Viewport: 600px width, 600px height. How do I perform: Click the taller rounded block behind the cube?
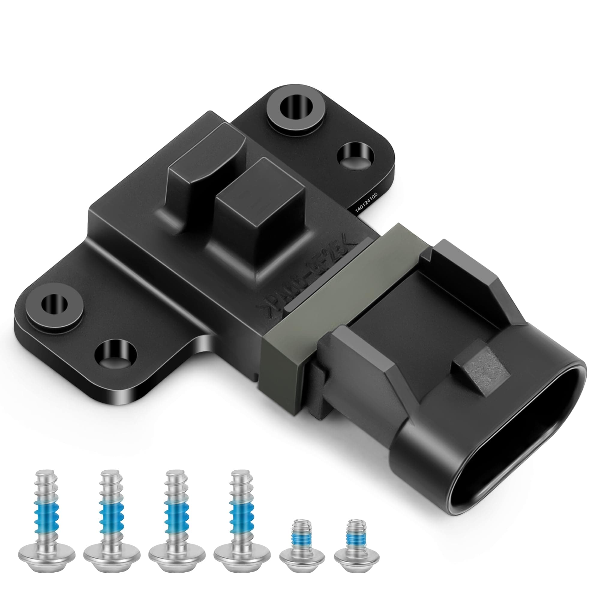199,168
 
